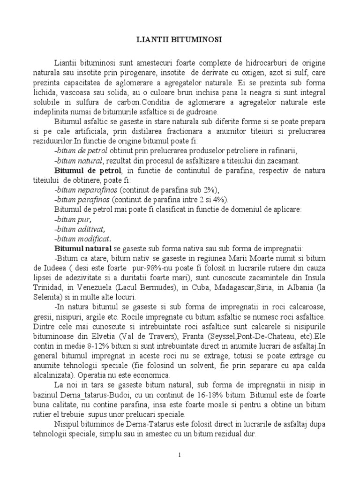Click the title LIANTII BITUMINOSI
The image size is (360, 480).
point(180,41)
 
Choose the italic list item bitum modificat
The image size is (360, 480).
point(83,239)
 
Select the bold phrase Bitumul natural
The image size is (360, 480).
point(83,248)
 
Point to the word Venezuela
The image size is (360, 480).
point(119,288)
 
